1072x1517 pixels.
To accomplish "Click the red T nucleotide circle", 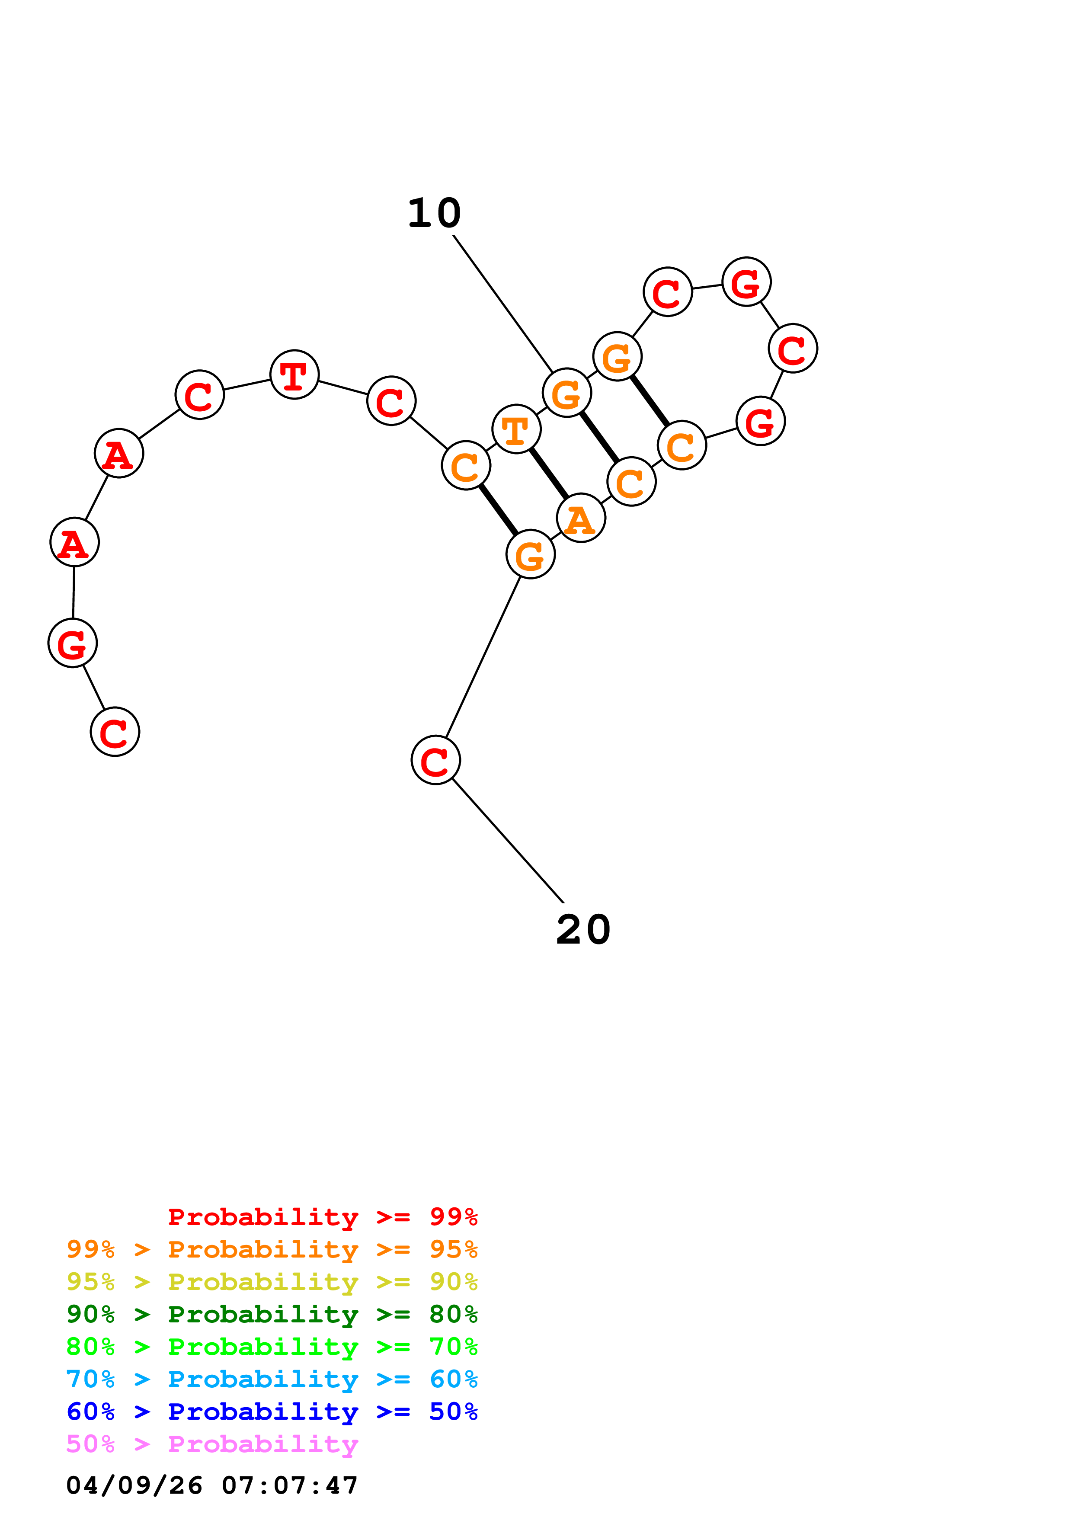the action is (294, 374).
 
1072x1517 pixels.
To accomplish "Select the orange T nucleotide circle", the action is (516, 429).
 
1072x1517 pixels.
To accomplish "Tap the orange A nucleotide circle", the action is (581, 518).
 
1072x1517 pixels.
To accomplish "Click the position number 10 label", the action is (434, 214).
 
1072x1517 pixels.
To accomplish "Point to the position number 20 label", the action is (583, 930).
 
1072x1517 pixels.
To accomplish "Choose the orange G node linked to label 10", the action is (567, 393).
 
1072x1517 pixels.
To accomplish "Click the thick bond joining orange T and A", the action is (549, 474).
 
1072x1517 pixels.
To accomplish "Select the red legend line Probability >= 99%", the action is (322, 1217).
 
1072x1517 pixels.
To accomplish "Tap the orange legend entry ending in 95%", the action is (272, 1249).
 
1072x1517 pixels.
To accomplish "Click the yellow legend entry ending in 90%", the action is (272, 1282).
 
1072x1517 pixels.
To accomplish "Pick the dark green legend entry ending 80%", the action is (272, 1314).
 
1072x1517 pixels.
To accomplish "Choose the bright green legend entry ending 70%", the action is (272, 1347).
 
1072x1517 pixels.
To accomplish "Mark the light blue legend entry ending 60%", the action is (272, 1379).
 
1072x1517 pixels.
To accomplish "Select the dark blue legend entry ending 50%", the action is (272, 1411).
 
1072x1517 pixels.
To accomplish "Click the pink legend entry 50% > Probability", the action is (212, 1443).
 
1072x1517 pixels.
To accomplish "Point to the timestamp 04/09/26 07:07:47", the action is (212, 1485).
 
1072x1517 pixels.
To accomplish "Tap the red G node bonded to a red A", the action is (73, 643).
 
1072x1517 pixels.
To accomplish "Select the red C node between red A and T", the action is (199, 395).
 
